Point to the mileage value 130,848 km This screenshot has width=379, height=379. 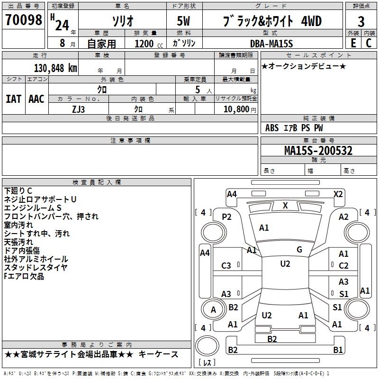pyautogui.click(x=55, y=68)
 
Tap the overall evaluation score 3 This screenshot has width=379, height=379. pyautogui.click(x=361, y=22)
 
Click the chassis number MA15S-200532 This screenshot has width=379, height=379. pyautogui.click(x=318, y=151)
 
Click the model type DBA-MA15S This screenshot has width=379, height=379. pyautogui.click(x=271, y=44)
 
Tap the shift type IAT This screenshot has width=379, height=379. pyautogui.click(x=13, y=99)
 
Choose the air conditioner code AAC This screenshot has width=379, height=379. pyautogui.click(x=36, y=99)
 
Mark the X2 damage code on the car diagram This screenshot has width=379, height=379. pyautogui.click(x=338, y=194)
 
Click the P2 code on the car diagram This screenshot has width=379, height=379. pyautogui.click(x=226, y=217)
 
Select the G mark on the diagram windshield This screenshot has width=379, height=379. pyautogui.click(x=299, y=250)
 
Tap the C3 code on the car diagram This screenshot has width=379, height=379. pyautogui.click(x=226, y=266)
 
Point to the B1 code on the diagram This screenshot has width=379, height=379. pyautogui.click(x=337, y=350)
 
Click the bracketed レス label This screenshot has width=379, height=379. pyautogui.click(x=207, y=363)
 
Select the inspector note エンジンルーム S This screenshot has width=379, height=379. pyautogui.click(x=33, y=208)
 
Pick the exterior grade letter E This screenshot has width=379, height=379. pyautogui.click(x=353, y=44)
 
